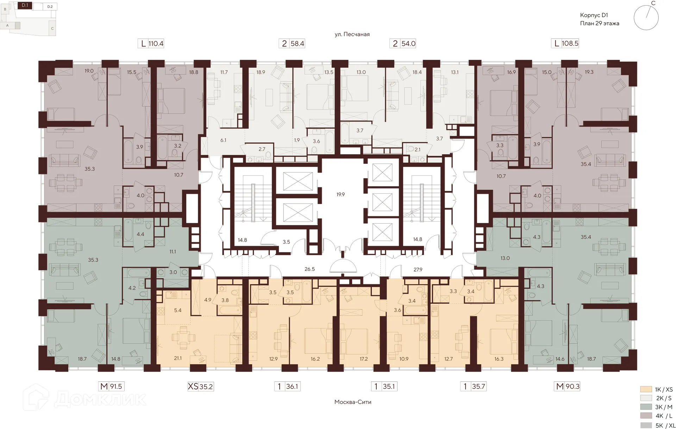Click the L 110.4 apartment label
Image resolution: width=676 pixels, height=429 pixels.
(151, 44)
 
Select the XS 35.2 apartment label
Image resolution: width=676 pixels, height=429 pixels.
(201, 386)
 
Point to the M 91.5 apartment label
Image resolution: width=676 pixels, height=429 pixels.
(111, 386)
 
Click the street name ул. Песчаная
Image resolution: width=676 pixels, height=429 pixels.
(352, 34)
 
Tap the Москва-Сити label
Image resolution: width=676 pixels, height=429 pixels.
(353, 402)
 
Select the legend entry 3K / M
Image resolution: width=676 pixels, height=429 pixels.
(664, 407)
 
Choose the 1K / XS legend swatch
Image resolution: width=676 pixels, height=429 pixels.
(646, 389)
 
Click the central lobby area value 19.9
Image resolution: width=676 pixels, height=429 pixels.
(340, 194)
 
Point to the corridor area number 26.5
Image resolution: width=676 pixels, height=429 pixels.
(309, 269)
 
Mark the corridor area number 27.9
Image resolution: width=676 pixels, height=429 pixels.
(418, 270)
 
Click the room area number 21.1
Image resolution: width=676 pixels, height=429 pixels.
(178, 359)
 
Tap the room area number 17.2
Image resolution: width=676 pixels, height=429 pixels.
(363, 359)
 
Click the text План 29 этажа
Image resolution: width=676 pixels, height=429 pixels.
(600, 24)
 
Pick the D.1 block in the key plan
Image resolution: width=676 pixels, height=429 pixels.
(25, 5)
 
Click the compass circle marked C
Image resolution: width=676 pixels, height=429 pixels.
(646, 18)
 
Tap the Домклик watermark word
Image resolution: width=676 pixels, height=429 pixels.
(100, 399)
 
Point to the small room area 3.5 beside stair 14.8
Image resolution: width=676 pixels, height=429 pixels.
(286, 242)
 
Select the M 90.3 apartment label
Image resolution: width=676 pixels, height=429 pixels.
(567, 386)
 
